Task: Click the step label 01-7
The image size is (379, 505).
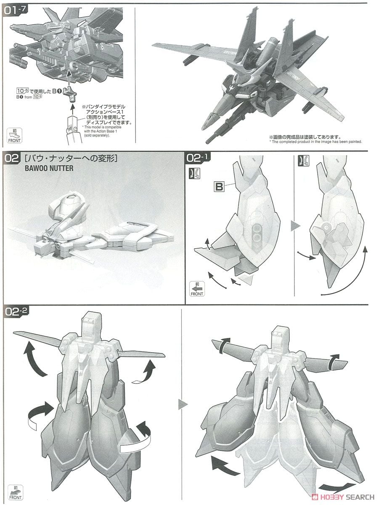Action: click(x=16, y=11)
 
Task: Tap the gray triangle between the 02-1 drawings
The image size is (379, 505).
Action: click(x=295, y=226)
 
